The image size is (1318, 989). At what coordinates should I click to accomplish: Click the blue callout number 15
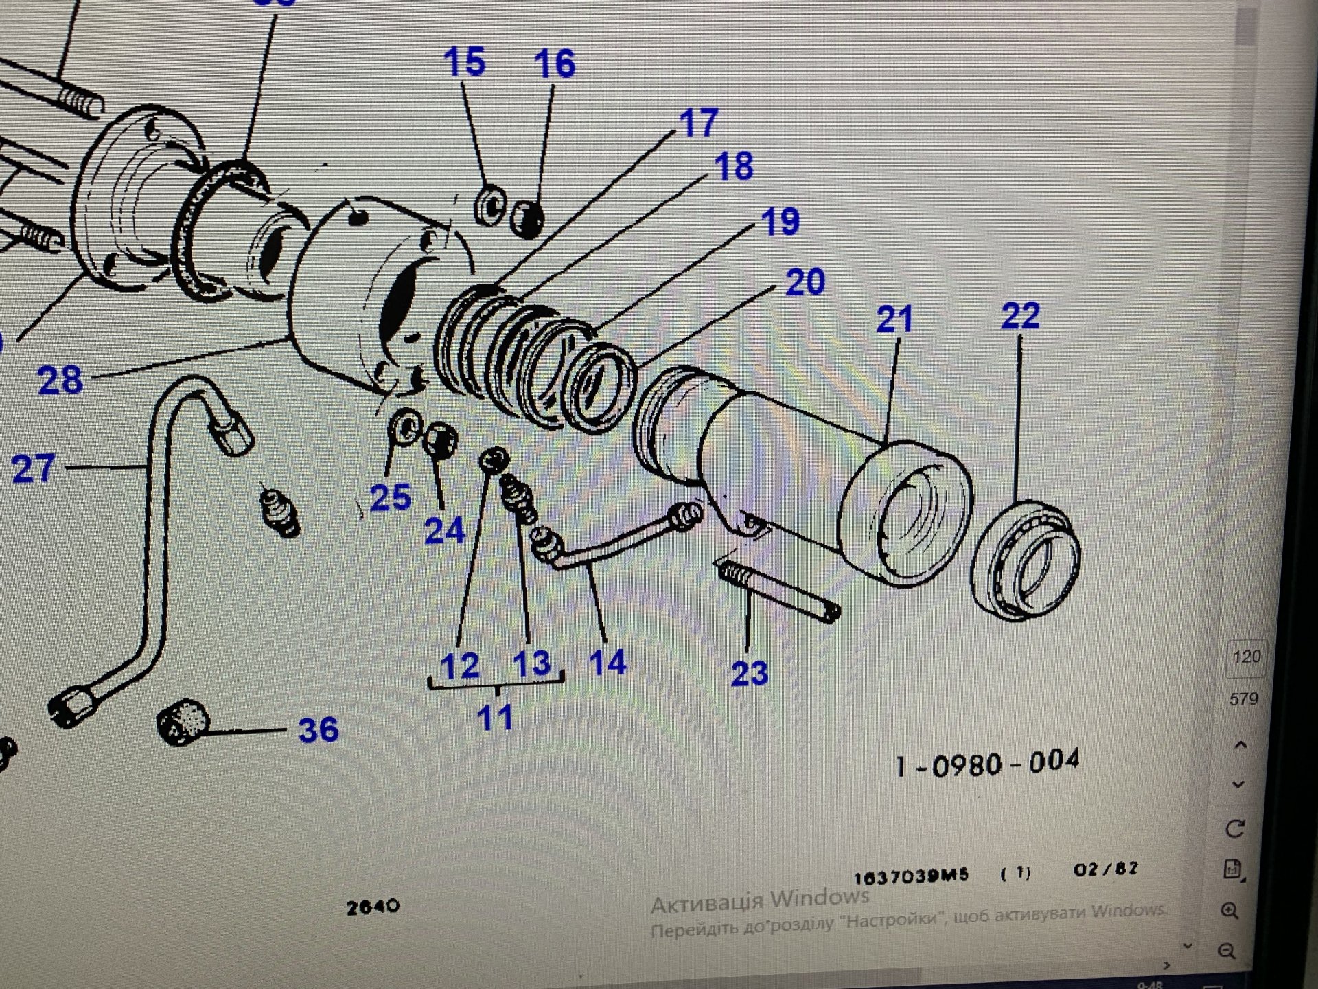[464, 62]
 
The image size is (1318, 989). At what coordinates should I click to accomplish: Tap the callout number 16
[555, 64]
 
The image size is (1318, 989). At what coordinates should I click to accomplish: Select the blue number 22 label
[1020, 316]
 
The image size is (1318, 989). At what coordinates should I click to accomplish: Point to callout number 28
[60, 380]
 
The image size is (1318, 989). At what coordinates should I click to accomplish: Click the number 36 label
[318, 729]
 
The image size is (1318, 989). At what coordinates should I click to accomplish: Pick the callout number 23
[749, 673]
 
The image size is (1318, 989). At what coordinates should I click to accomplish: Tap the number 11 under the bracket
[495, 718]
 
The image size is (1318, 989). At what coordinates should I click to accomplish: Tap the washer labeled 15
[489, 204]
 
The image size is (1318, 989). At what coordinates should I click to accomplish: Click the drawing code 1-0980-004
[987, 763]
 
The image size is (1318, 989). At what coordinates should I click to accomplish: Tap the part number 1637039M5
[911, 876]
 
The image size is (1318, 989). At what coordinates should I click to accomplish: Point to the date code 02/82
[1105, 869]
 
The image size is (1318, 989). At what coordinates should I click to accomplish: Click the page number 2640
[373, 907]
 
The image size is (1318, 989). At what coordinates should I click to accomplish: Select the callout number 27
[33, 469]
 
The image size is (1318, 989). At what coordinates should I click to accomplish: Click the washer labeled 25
[404, 428]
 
